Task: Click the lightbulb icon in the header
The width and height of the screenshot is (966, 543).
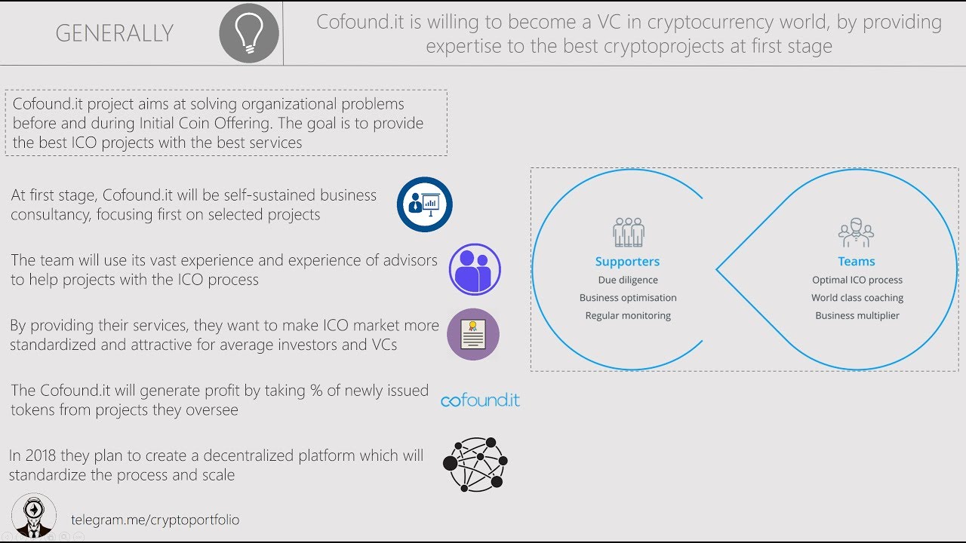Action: pyautogui.click(x=248, y=33)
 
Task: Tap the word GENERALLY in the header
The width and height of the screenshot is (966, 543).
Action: pyautogui.click(x=115, y=33)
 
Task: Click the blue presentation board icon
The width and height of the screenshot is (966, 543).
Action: pyautogui.click(x=424, y=204)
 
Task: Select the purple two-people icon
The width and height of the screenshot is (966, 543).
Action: pyautogui.click(x=475, y=269)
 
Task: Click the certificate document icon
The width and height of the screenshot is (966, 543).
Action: pyautogui.click(x=473, y=334)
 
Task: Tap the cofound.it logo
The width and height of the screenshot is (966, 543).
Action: pyautogui.click(x=480, y=400)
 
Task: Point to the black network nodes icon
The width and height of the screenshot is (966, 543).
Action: pyautogui.click(x=475, y=464)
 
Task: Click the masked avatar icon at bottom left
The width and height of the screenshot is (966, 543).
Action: pyautogui.click(x=34, y=517)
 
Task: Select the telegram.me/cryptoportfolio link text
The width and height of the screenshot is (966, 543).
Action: pyautogui.click(x=155, y=520)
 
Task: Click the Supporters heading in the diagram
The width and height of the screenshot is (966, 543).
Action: pyautogui.click(x=627, y=262)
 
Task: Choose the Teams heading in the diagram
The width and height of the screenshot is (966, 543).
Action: pyautogui.click(x=857, y=262)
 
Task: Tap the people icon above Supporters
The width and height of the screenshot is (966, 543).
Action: pyautogui.click(x=628, y=232)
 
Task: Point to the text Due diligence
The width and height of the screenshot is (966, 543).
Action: pyautogui.click(x=628, y=280)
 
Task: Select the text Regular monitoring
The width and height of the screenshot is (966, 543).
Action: pyautogui.click(x=628, y=315)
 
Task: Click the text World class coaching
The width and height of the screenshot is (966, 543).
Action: pyautogui.click(x=857, y=298)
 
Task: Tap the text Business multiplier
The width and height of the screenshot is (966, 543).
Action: pyautogui.click(x=857, y=315)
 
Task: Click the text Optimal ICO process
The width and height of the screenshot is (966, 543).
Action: pyautogui.click(x=857, y=280)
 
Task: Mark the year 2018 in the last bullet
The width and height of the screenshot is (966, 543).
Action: pyautogui.click(x=39, y=456)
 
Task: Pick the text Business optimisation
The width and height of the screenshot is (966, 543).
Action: pyautogui.click(x=628, y=298)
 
